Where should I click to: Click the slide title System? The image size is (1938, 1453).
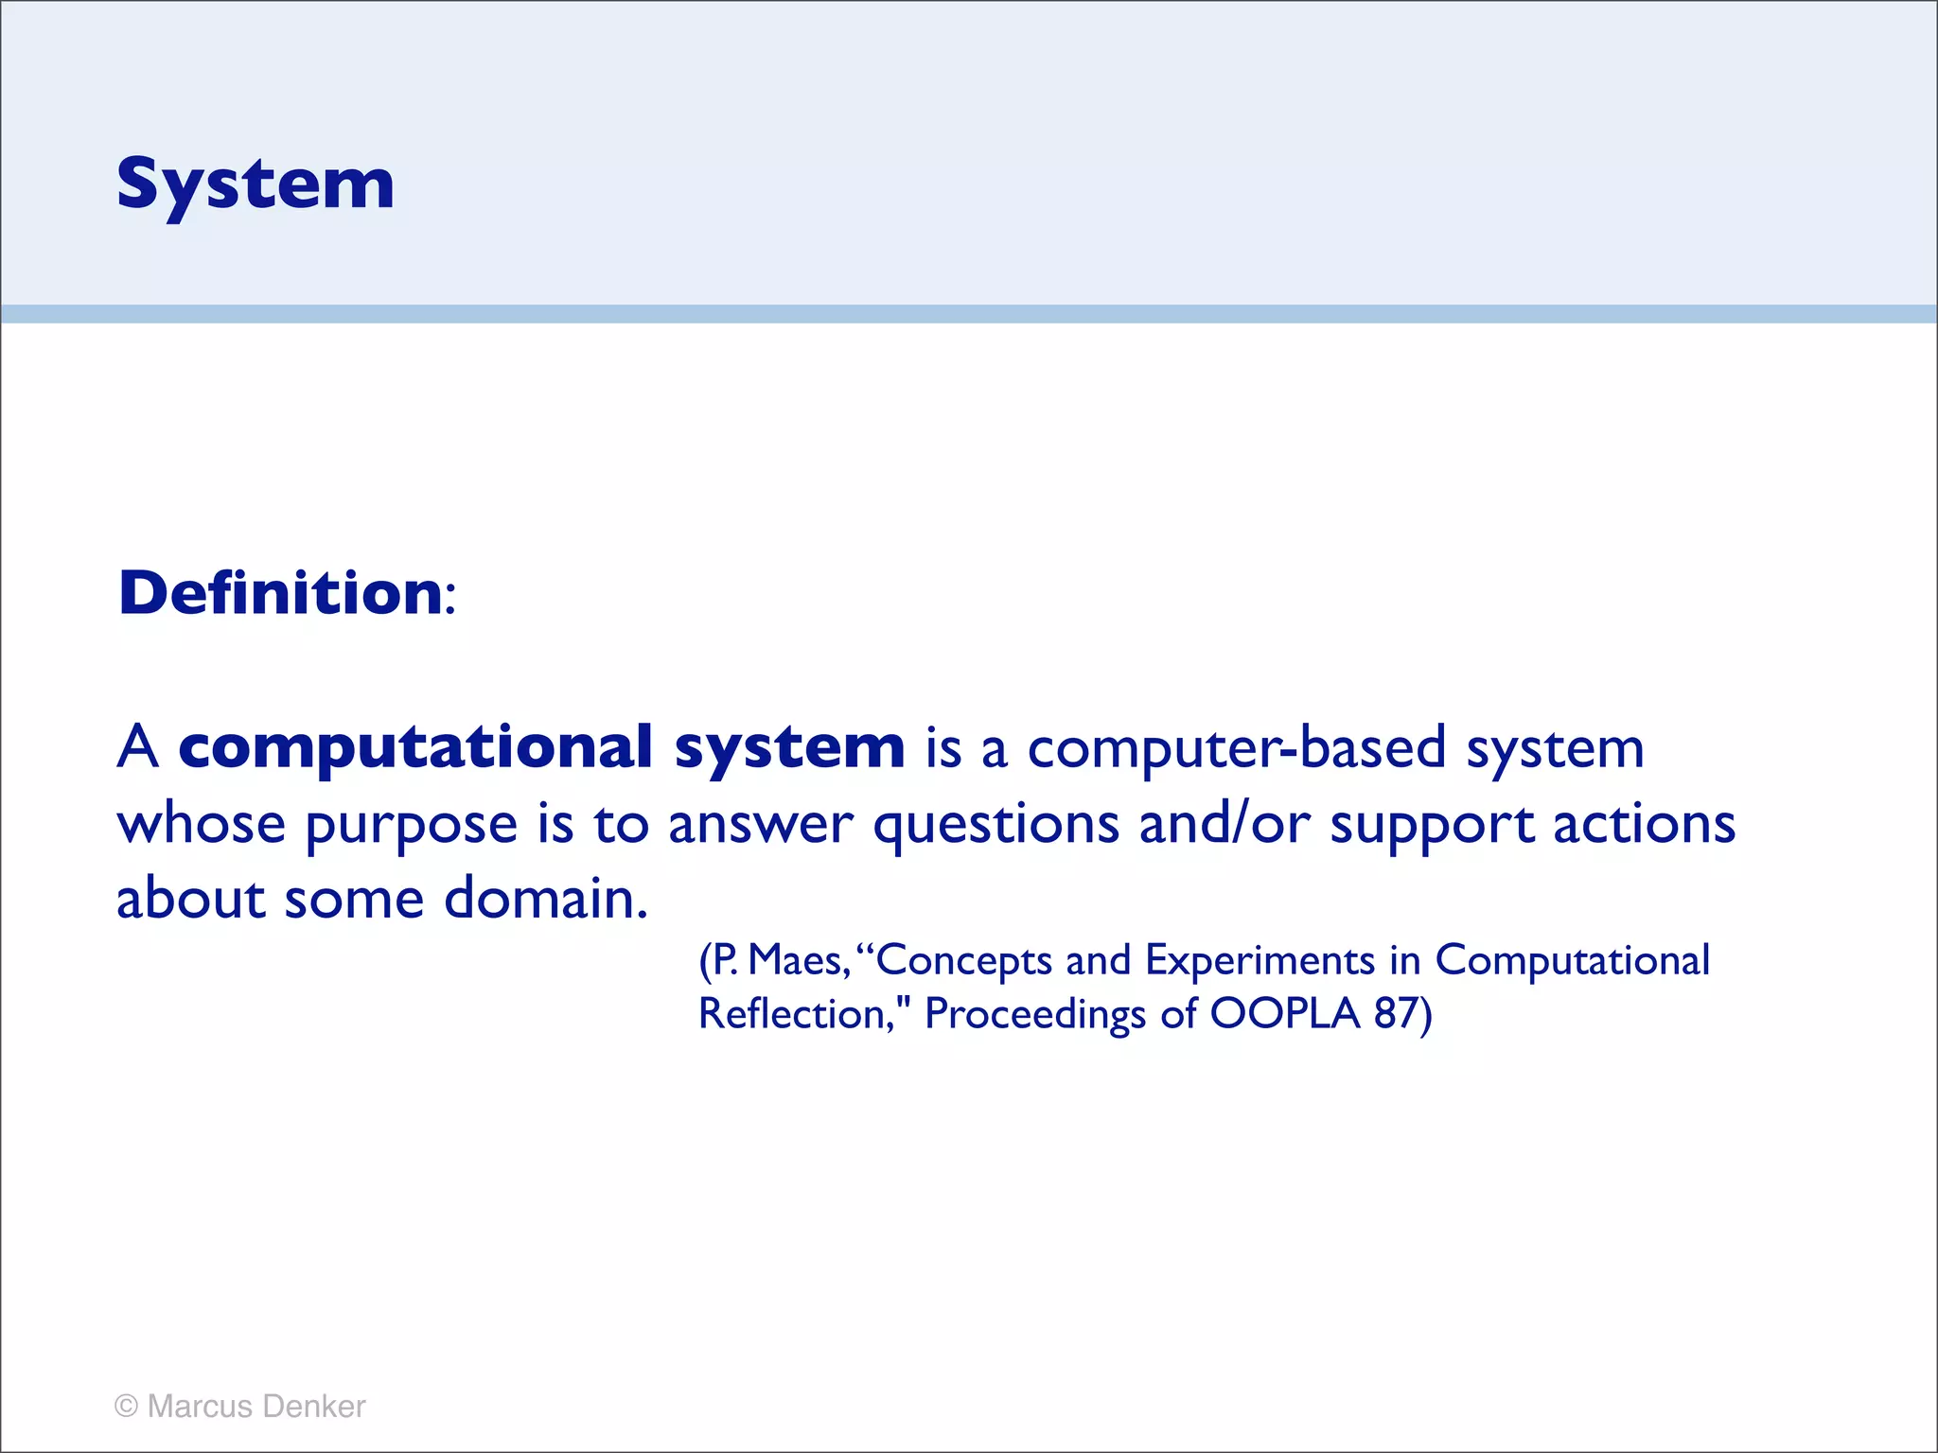pyautogui.click(x=255, y=184)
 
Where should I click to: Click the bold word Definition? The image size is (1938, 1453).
pyautogui.click(x=280, y=594)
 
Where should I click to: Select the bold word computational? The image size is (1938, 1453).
pyautogui.click(x=415, y=747)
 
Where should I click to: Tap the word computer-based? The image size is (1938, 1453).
pyautogui.click(x=1236, y=748)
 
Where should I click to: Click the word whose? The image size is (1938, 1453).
pyautogui.click(x=201, y=824)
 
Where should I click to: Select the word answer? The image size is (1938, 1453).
pyautogui.click(x=760, y=826)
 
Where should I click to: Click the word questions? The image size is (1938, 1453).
pyautogui.click(x=995, y=826)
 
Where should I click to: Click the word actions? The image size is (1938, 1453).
pyautogui.click(x=1644, y=824)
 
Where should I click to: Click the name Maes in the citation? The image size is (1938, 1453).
pyautogui.click(x=797, y=961)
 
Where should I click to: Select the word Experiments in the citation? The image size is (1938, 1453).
pyautogui.click(x=1260, y=961)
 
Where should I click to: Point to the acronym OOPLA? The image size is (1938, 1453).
pyautogui.click(x=1284, y=1014)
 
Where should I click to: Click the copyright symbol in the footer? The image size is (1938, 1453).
pyautogui.click(x=126, y=1406)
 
